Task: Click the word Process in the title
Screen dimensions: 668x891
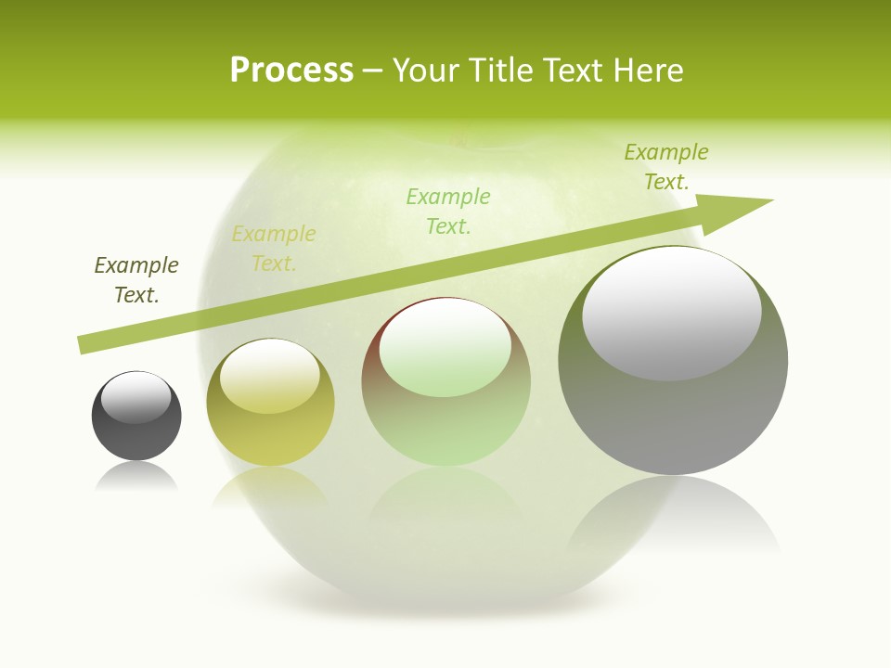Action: (291, 71)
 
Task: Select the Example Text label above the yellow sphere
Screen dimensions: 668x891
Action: (274, 249)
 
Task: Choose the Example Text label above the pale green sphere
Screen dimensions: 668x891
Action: (448, 211)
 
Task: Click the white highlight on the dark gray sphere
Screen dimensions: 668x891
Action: (136, 397)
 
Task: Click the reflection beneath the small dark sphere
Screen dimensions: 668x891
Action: (136, 477)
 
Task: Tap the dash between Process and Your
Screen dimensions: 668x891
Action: (373, 71)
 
